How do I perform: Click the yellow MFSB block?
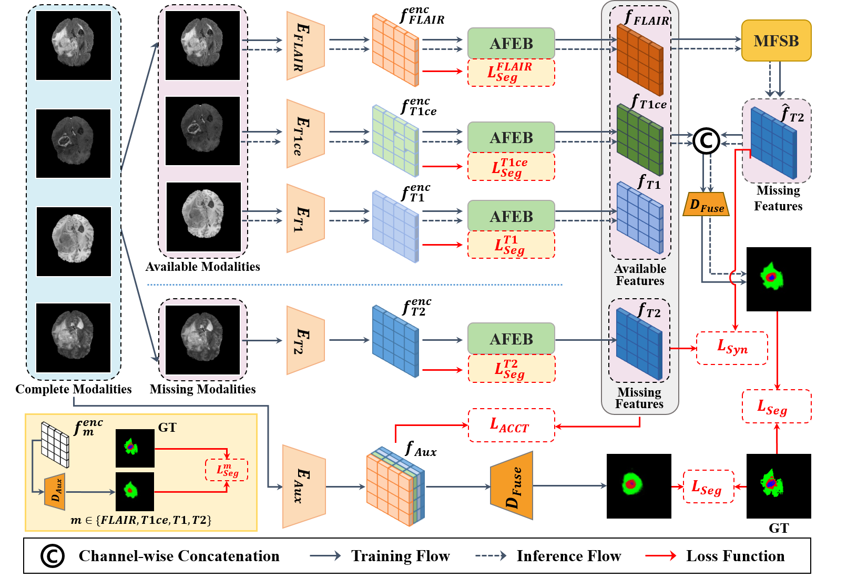[x=776, y=41]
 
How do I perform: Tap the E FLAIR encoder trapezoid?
[x=305, y=46]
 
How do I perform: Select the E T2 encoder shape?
[x=305, y=340]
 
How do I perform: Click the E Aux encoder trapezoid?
[x=303, y=486]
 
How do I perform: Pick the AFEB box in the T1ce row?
[x=511, y=137]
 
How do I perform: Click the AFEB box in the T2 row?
[x=511, y=339]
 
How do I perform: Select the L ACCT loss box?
[x=511, y=425]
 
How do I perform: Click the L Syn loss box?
[x=732, y=348]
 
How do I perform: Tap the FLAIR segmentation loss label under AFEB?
[x=511, y=73]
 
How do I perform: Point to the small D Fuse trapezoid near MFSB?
[x=706, y=205]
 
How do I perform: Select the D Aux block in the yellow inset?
[x=55, y=492]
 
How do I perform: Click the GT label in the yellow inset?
[x=167, y=427]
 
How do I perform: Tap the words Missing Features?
[x=639, y=398]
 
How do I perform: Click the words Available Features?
[x=640, y=275]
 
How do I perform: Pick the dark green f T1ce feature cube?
[x=640, y=139]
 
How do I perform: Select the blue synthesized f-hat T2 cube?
[x=773, y=142]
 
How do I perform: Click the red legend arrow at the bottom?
[x=660, y=555]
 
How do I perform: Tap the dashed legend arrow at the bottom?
[x=491, y=555]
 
